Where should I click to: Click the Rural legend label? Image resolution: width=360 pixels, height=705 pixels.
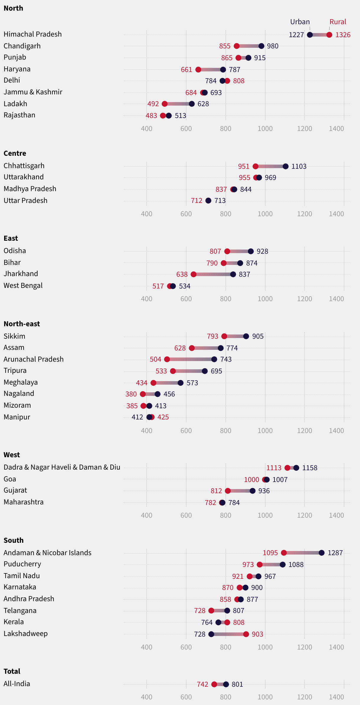[x=338, y=22]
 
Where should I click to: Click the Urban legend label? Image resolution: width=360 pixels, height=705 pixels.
[x=300, y=22]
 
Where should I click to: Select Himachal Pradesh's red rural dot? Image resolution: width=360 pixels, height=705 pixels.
[x=329, y=35]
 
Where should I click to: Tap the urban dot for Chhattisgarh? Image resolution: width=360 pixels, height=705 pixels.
[x=285, y=166]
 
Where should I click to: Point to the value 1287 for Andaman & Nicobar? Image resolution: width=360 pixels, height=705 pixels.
[x=335, y=553]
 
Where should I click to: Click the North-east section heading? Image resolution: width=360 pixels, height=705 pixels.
[x=22, y=324]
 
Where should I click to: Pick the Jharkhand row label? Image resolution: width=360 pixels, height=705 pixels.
[x=21, y=274]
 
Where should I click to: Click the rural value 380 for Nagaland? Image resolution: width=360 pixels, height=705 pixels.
[x=131, y=394]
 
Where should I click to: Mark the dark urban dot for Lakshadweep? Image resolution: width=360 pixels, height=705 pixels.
[x=211, y=634]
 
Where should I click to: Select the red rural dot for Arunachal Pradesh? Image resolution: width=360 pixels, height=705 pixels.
[x=167, y=359]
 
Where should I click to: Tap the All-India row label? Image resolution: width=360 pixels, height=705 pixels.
[x=17, y=684]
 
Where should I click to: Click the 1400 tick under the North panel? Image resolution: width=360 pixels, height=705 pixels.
[x=336, y=129]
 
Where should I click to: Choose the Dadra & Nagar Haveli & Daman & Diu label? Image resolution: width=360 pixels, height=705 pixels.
[x=62, y=467]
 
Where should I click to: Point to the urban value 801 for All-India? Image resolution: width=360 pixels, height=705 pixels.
[x=237, y=684]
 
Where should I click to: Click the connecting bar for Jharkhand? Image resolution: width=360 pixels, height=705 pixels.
[x=213, y=274]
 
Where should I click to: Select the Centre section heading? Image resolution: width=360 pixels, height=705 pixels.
[x=15, y=153]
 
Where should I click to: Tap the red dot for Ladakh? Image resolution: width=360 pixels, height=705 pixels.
[x=165, y=104]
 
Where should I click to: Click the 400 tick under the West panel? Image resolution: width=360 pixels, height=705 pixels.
[x=147, y=515]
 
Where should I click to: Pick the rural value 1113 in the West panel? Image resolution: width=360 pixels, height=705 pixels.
[x=274, y=468]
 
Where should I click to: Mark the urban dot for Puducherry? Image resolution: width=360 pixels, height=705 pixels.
[x=283, y=565]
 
